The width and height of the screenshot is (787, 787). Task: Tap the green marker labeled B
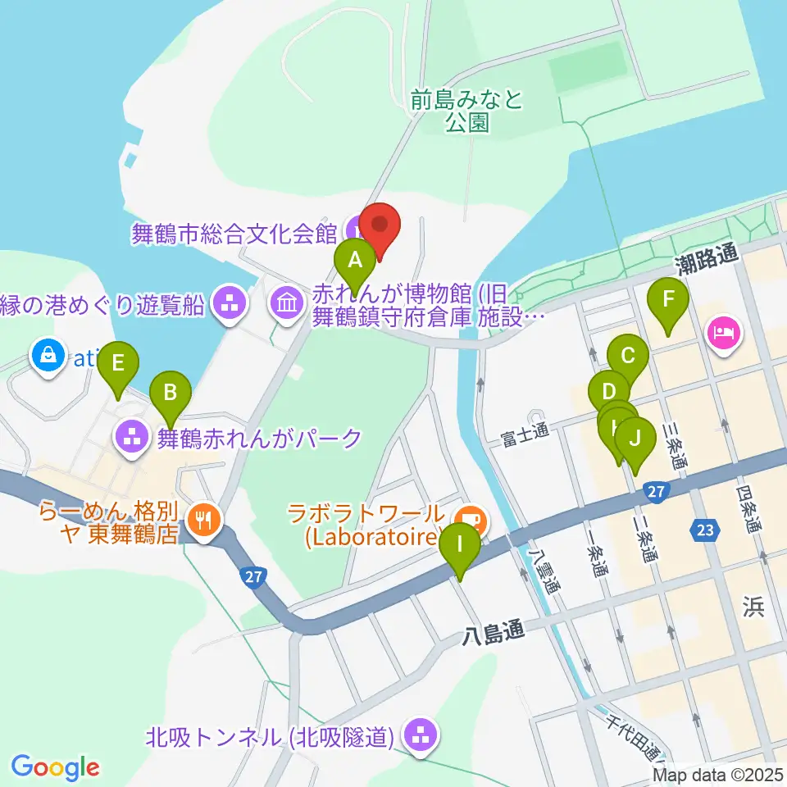pos(170,391)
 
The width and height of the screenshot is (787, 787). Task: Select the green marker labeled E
pos(118,362)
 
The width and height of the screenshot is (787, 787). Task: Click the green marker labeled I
pos(459,544)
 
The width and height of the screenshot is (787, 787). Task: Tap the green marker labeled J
pos(635,439)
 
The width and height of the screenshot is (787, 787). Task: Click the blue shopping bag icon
pos(48,356)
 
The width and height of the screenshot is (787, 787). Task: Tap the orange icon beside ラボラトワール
pos(470,518)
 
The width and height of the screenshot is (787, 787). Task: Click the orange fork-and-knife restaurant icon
pos(202,519)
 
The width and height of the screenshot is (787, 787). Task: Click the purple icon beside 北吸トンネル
pos(421,735)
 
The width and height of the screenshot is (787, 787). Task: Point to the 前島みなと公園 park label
pos(467,111)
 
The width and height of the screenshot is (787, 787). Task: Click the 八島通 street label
pos(491,633)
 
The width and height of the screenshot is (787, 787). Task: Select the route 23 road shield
pos(703,529)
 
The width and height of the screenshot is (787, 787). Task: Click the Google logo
pos(55,767)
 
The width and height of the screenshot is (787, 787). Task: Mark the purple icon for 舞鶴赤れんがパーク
pos(131,437)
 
